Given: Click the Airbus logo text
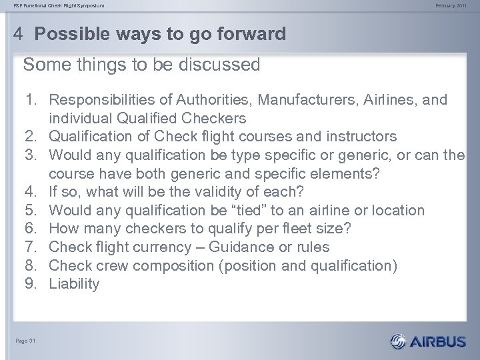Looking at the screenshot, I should tap(438, 342).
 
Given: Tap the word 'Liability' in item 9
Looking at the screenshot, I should tap(75, 284).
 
